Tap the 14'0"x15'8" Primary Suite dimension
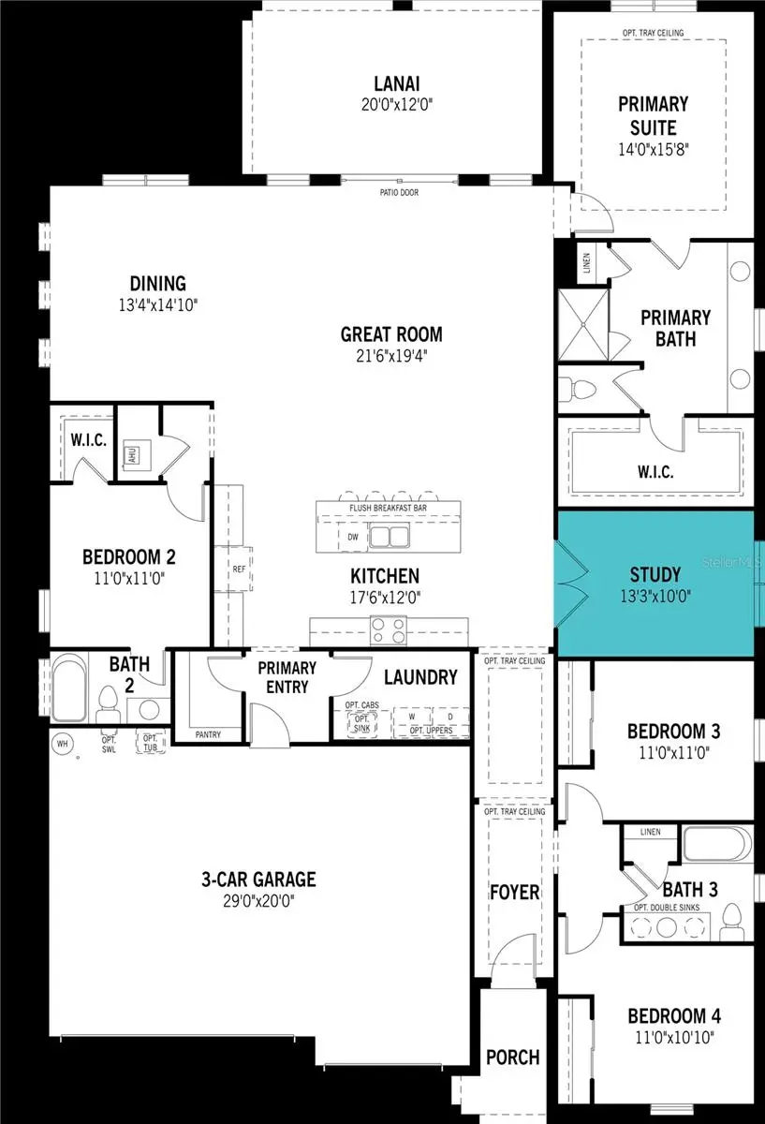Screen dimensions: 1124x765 (653, 148)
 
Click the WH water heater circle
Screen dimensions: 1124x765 (64, 744)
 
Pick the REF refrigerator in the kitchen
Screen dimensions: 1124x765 (237, 568)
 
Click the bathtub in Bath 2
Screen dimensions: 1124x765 (66, 691)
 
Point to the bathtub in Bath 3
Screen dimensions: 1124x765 (716, 845)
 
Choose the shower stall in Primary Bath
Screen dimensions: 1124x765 (583, 322)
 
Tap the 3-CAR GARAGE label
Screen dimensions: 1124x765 (259, 880)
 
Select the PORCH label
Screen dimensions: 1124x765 (512, 1057)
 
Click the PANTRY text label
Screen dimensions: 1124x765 (208, 735)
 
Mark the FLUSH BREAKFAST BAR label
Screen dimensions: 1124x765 (390, 509)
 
